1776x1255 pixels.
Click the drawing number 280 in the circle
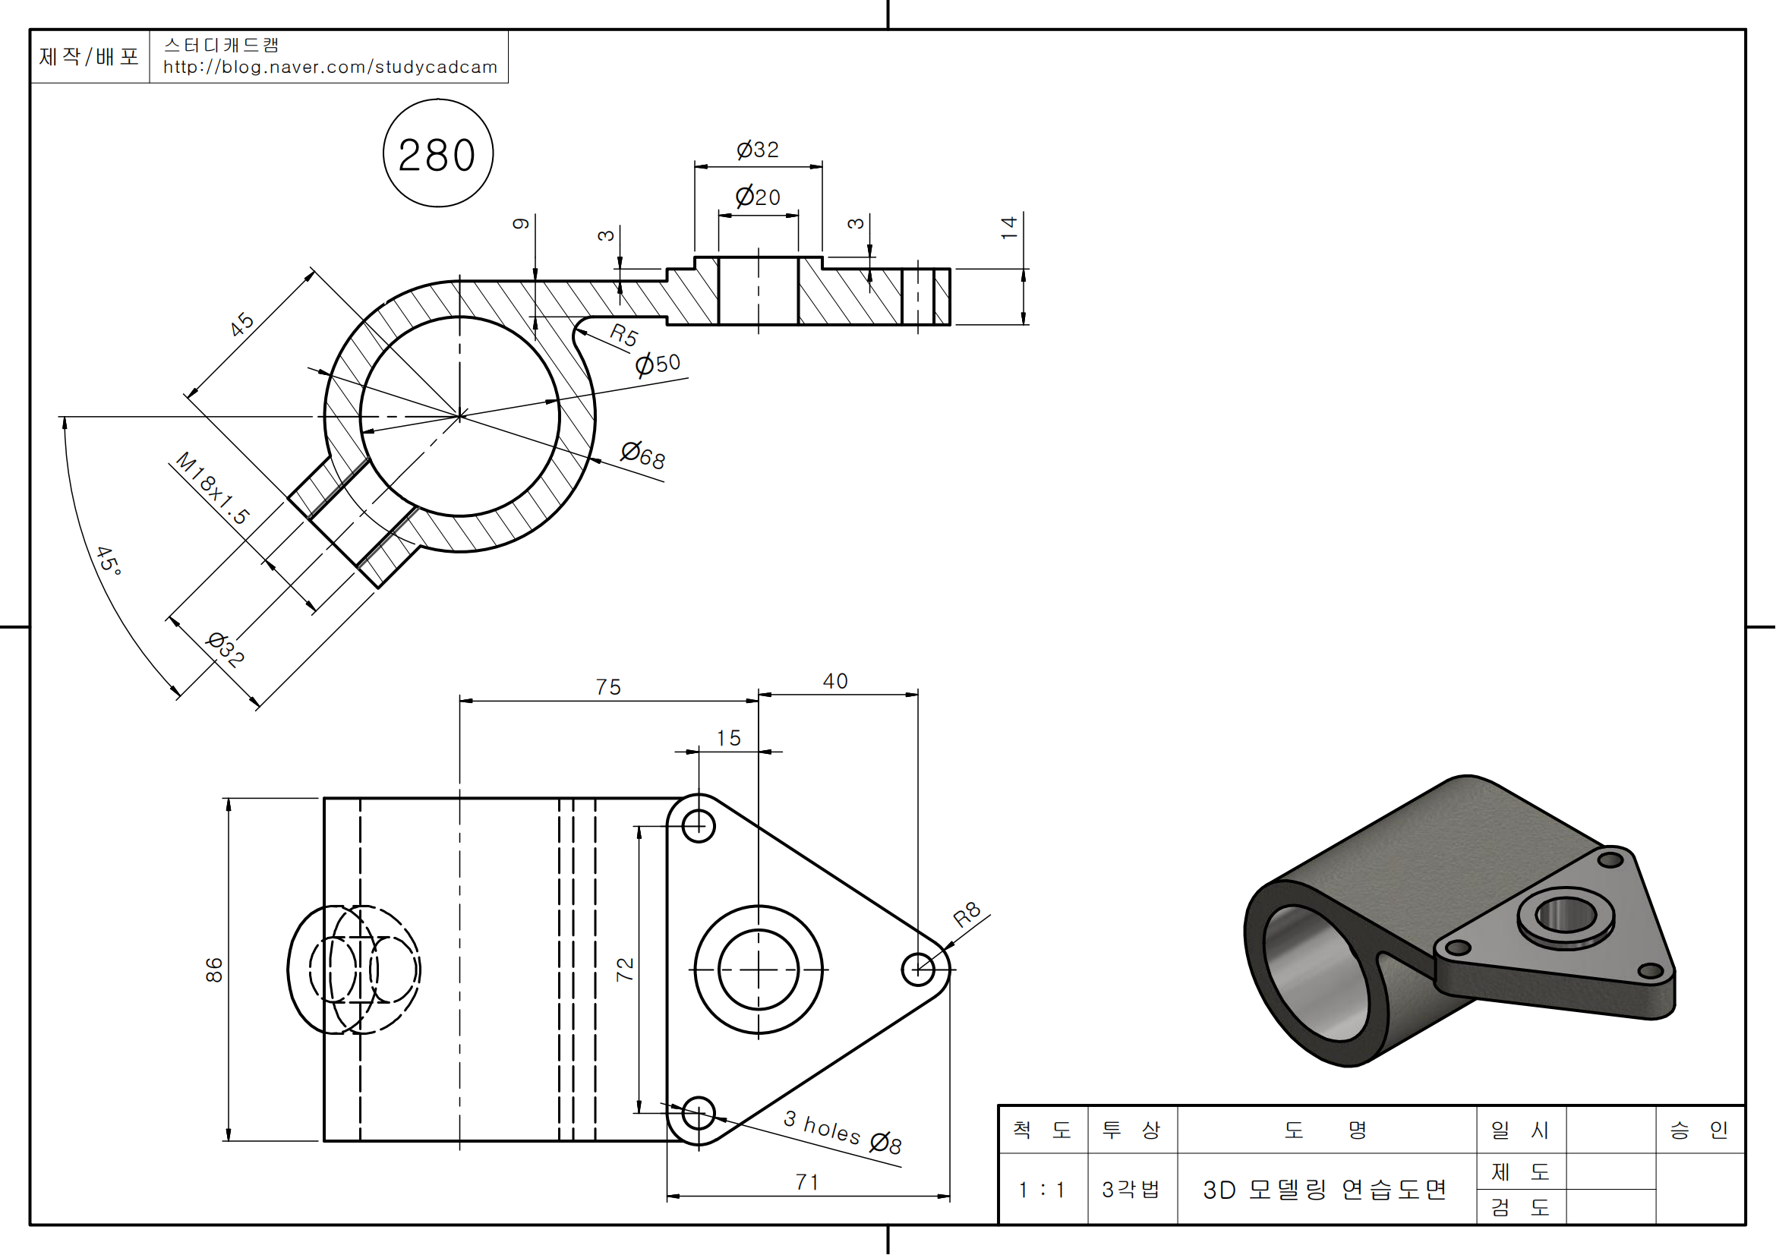point(437,155)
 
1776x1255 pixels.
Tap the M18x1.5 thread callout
point(213,489)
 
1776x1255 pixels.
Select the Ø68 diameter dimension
point(643,455)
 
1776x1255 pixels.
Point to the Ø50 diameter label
point(658,363)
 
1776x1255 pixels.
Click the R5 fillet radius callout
point(623,335)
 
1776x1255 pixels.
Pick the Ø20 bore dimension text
point(757,197)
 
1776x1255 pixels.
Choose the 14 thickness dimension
point(1008,227)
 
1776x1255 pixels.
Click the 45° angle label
point(109,560)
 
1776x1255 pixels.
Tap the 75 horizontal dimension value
point(608,686)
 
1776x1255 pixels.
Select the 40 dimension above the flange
point(835,681)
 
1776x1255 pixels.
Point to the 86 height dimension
point(214,970)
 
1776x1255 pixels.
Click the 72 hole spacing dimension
point(625,970)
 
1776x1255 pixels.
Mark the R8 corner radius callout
point(967,915)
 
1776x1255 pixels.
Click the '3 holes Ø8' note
point(842,1132)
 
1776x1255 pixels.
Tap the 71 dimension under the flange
point(807,1181)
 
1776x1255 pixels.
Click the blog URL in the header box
point(330,68)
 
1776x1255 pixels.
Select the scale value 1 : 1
point(1042,1189)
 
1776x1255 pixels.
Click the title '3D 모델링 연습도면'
point(1325,1189)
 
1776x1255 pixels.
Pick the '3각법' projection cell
point(1131,1189)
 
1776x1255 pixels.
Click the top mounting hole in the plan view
point(699,826)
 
